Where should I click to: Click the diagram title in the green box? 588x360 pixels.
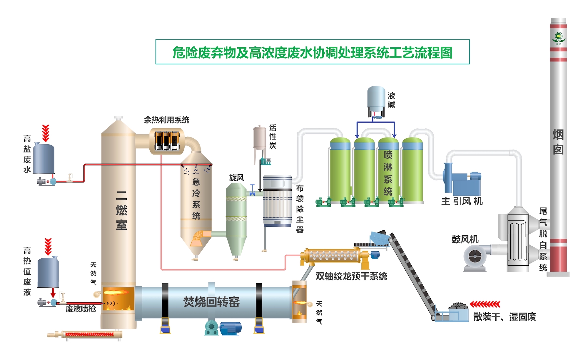pos(312,53)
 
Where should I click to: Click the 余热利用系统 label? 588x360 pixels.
pos(166,120)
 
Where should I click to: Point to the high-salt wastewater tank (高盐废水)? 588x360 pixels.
pos(44,159)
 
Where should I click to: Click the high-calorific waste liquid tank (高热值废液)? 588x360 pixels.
pos(48,272)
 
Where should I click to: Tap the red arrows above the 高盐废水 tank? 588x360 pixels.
pos(46,133)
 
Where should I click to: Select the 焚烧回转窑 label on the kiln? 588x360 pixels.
pos(211,302)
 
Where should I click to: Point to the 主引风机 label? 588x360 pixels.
pos(462,201)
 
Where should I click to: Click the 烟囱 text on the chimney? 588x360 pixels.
pos(558,142)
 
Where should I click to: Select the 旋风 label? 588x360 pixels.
pos(237,178)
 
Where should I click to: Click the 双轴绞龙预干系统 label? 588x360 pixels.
pos(351,276)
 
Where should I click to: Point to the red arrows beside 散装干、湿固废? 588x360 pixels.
pos(485,304)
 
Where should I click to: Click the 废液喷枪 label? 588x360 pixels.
pos(81,309)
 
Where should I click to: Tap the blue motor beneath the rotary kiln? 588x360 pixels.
pos(230,328)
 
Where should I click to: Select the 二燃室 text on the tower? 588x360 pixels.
pos(121,210)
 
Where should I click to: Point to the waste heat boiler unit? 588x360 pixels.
pos(167,141)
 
